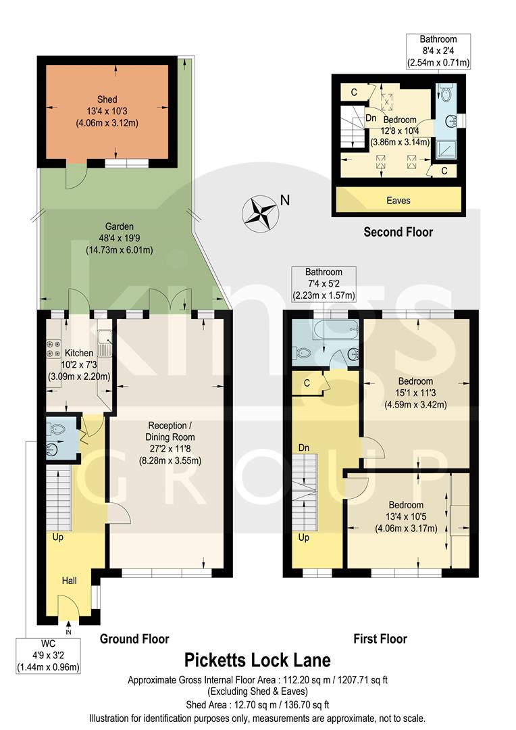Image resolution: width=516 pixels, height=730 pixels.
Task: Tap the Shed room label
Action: (x=107, y=112)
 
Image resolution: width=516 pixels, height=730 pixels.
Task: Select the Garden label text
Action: (x=118, y=238)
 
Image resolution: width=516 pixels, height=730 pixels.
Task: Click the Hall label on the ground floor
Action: (x=70, y=581)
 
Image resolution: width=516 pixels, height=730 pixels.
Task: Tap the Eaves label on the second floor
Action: (x=398, y=201)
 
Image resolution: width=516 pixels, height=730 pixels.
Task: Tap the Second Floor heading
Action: (x=398, y=233)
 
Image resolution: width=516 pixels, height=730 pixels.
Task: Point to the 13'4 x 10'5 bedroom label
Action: (x=397, y=517)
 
